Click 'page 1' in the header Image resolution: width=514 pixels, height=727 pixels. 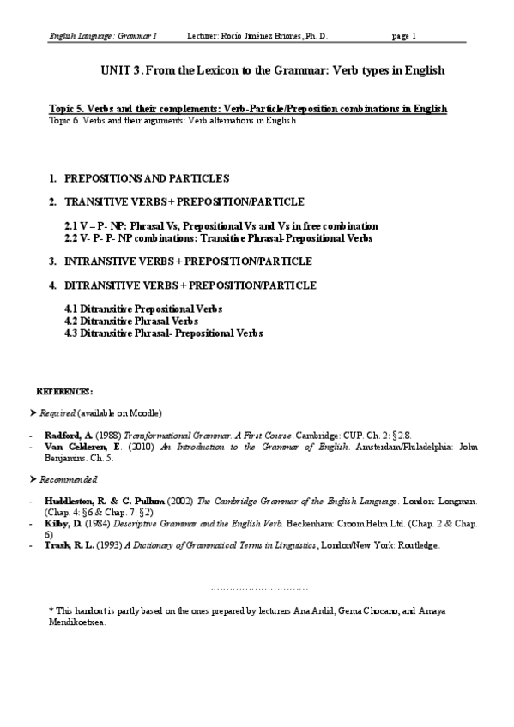(403, 37)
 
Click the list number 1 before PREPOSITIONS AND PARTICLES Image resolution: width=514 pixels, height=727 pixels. (53, 178)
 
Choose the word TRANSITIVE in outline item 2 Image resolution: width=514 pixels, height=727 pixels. (97, 202)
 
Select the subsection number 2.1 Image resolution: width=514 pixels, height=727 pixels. (72, 225)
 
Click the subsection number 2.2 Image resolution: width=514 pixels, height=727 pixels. (72, 237)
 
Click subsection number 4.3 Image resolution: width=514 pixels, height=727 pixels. (71, 332)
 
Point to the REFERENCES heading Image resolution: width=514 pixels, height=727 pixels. (64, 390)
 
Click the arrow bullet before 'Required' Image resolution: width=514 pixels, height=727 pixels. (33, 412)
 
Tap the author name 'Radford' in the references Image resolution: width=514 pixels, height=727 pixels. (61, 436)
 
